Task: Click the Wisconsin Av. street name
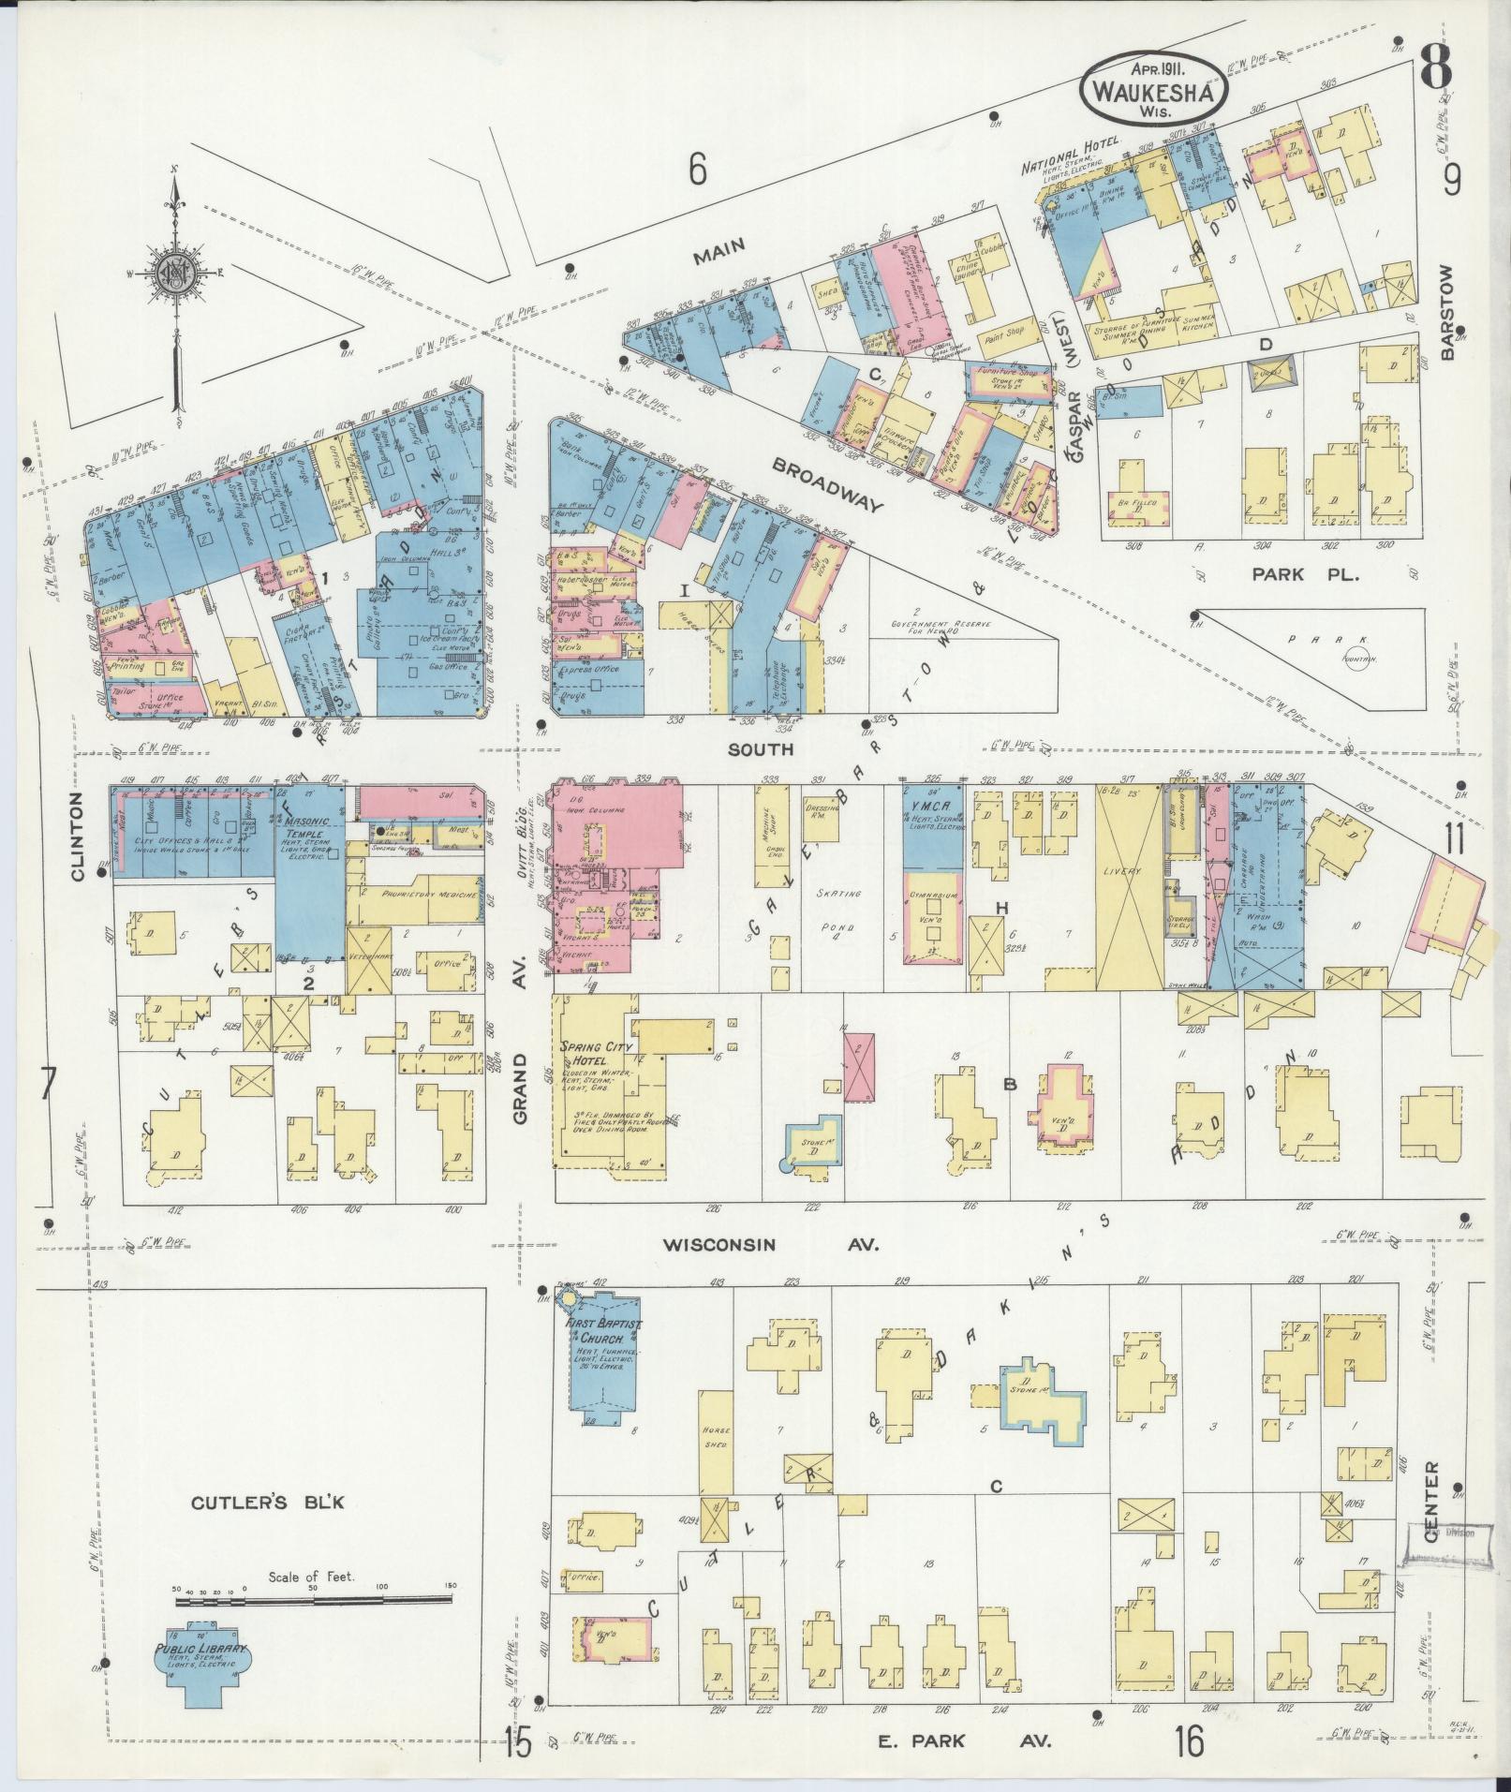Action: (x=769, y=1244)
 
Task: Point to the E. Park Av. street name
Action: (x=965, y=1740)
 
